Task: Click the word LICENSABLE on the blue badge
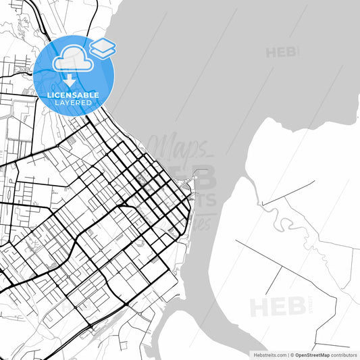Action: (74, 95)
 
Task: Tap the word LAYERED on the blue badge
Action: (74, 103)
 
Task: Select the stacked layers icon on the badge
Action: (103, 47)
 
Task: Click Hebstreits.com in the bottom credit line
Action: (269, 355)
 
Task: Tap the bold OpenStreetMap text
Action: (311, 355)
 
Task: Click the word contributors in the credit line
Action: (344, 355)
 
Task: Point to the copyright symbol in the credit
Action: (292, 355)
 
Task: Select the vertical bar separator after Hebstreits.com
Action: (287, 355)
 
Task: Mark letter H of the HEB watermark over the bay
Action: (272, 52)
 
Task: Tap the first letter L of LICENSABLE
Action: (49, 95)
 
